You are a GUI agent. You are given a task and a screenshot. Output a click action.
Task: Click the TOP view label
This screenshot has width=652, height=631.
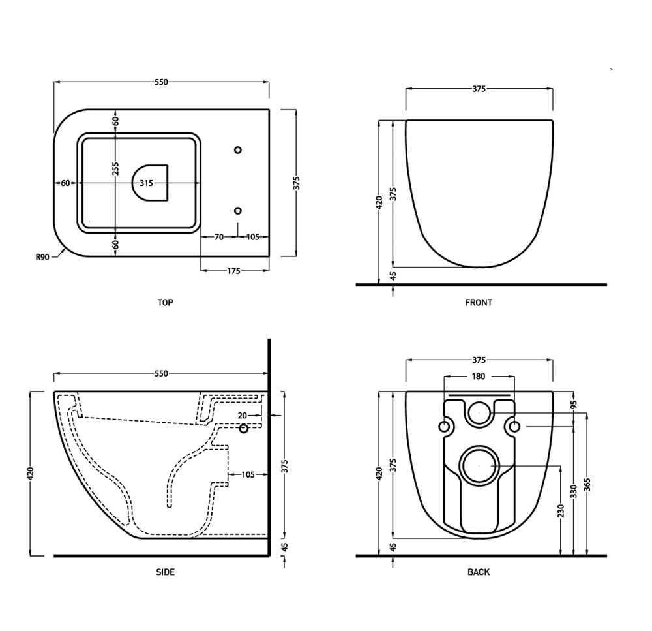coord(165,303)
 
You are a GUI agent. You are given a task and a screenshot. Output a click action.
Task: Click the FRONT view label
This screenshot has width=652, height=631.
coord(478,303)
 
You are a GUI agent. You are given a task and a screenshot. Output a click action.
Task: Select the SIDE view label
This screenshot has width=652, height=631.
coord(165,572)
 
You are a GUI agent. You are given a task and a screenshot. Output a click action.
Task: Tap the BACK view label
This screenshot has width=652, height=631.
coord(478,572)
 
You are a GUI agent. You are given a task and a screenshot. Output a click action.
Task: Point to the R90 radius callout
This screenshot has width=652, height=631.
coord(42,257)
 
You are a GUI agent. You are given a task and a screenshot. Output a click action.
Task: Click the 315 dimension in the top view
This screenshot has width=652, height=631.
coord(146,183)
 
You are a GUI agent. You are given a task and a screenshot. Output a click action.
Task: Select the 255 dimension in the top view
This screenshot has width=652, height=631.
coord(115,168)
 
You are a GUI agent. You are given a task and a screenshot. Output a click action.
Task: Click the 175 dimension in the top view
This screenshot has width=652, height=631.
coord(233,271)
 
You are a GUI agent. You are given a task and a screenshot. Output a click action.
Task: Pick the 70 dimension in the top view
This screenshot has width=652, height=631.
coord(218,237)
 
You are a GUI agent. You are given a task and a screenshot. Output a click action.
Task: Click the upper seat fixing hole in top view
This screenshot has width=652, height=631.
coord(238,150)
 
